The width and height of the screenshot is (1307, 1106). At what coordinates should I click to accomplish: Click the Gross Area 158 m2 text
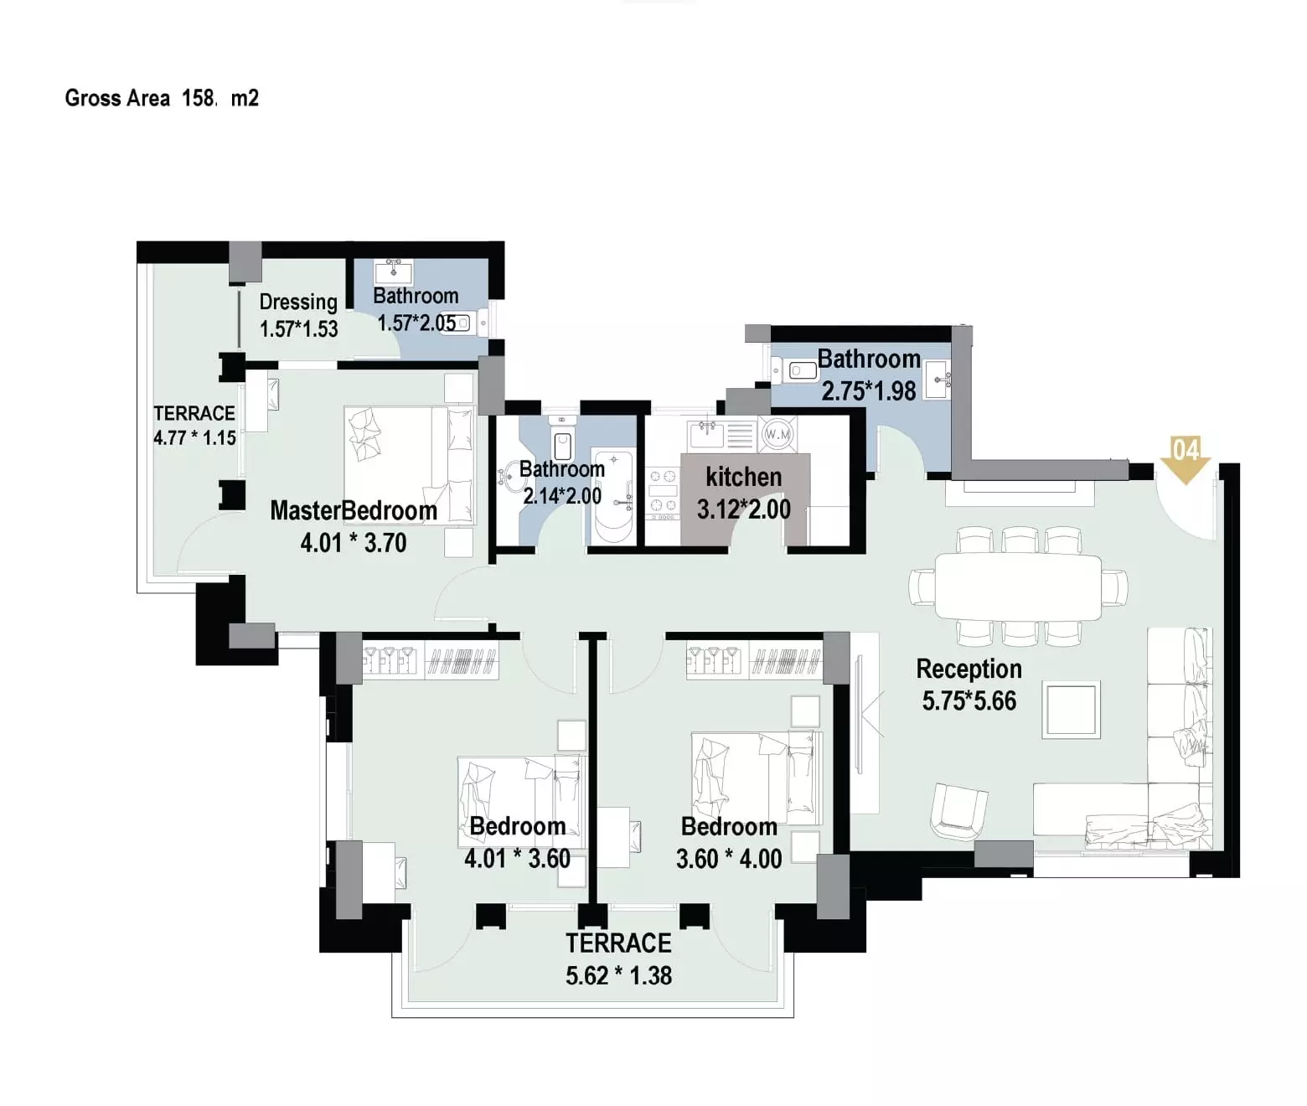[x=162, y=98]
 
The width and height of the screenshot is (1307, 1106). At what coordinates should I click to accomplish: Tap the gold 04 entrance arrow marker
[x=1185, y=460]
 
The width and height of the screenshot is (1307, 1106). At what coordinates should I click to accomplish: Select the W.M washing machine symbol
[x=777, y=434]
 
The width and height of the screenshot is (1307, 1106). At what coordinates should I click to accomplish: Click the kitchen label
[x=744, y=477]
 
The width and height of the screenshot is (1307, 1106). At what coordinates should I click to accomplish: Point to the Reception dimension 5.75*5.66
[x=969, y=701]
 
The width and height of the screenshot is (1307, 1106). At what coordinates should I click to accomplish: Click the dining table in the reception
[x=1018, y=587]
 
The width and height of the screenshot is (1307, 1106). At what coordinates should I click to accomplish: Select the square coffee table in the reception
[x=1071, y=710]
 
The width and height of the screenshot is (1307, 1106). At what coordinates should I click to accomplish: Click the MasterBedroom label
[x=354, y=511]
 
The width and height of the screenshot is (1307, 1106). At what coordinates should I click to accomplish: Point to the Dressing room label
[x=298, y=302]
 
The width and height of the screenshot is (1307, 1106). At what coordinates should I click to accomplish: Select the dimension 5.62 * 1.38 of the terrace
[x=618, y=976]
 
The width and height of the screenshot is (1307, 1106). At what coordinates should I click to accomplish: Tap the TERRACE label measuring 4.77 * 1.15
[x=194, y=414]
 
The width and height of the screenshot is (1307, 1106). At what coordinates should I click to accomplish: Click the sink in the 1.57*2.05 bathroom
[x=393, y=271]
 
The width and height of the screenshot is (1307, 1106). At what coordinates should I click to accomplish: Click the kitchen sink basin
[x=707, y=434]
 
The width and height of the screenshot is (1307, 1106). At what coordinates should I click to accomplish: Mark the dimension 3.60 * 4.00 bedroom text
[x=728, y=859]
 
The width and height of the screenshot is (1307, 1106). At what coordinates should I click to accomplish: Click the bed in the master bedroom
[x=409, y=464]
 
